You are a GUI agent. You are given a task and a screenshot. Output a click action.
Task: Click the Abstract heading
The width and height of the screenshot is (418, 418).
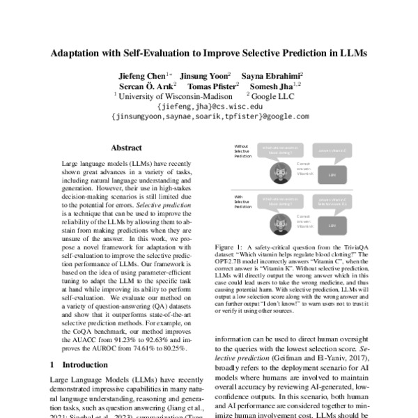[126, 148]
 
